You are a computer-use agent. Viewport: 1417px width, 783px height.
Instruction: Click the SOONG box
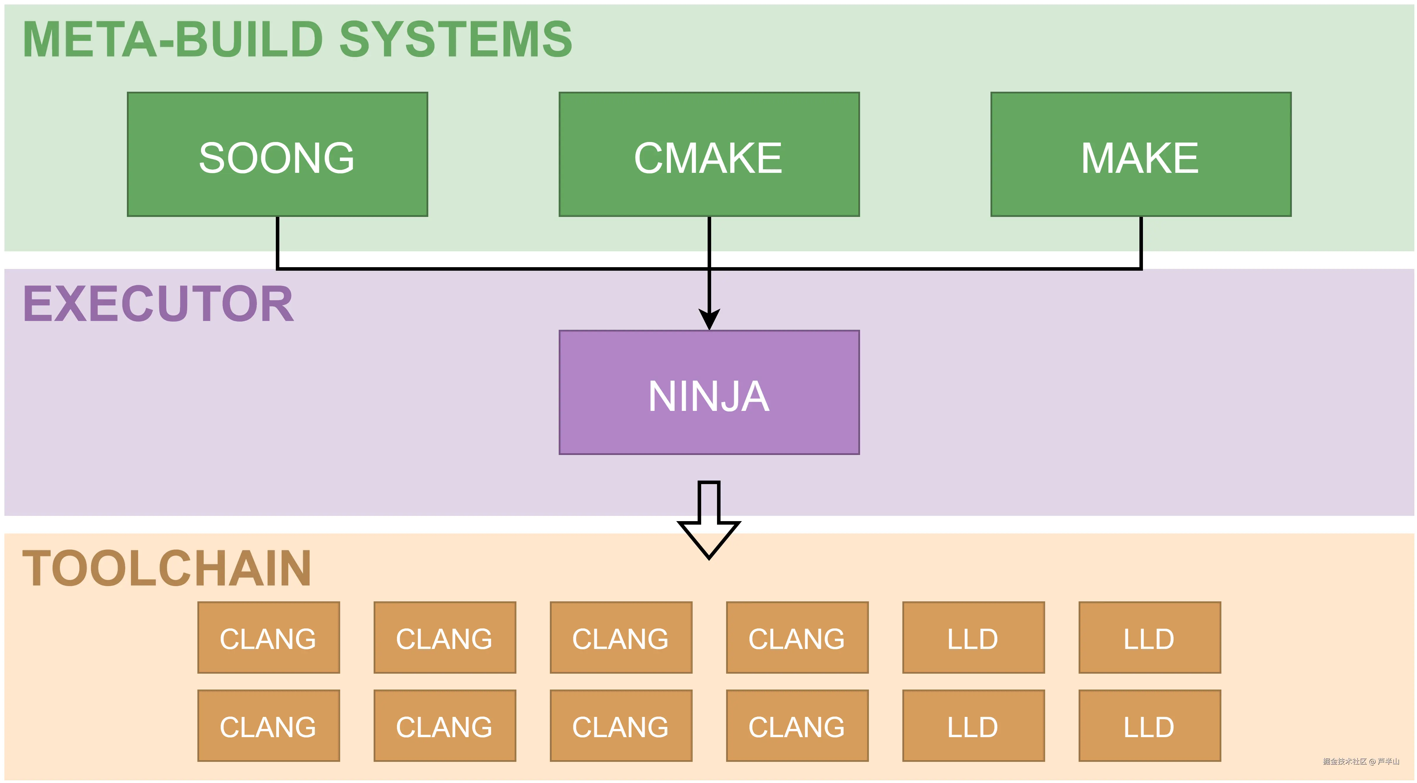point(277,155)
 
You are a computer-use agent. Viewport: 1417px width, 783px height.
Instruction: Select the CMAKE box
point(709,155)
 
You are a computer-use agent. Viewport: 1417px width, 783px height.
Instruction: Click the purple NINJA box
point(709,392)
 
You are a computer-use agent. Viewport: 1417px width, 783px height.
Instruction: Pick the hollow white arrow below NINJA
point(709,523)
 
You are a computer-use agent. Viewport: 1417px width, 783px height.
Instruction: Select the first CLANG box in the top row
point(268,638)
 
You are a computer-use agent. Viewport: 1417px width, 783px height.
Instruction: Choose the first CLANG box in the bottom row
point(268,726)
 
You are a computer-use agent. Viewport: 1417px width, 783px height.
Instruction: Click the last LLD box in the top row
point(1150,638)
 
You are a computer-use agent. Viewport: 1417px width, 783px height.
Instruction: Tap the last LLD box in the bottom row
point(1150,726)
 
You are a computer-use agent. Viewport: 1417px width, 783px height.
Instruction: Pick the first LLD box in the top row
point(973,638)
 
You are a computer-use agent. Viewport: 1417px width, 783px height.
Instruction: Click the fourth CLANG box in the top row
point(797,638)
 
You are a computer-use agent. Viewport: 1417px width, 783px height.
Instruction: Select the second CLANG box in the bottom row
point(444,726)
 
